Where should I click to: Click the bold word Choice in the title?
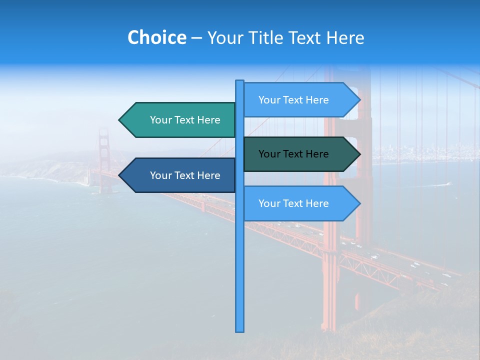[156, 37]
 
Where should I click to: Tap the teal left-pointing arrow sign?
[177, 120]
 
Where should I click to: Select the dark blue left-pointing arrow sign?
[177, 175]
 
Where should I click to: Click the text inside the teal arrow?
[185, 120]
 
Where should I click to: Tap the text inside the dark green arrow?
[293, 154]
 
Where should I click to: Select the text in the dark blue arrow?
[185, 175]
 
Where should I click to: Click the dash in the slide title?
[196, 38]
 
